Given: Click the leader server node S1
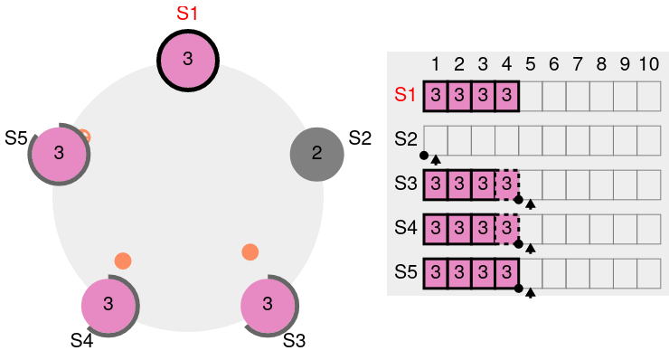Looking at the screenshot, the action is (188, 61).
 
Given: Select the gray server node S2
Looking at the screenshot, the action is (317, 154).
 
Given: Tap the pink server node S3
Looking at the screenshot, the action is (268, 306).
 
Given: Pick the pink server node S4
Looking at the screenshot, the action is (108, 306).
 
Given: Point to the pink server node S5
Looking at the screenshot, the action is (59, 154).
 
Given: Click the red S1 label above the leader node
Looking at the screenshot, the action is (187, 14).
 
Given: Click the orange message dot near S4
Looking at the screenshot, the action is (123, 261).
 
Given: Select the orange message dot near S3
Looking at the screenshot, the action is (250, 252).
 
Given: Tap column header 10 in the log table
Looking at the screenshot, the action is (649, 64).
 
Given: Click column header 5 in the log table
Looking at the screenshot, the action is (531, 64).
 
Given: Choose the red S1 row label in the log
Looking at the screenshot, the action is (405, 94).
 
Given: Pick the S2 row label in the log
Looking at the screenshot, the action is (406, 138).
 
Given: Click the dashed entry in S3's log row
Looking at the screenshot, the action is (507, 184).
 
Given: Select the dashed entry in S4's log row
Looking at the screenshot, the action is (507, 229).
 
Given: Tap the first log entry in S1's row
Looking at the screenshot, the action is (436, 96).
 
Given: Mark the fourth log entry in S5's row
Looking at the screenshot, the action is (507, 273).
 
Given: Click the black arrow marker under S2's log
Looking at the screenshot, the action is (436, 160).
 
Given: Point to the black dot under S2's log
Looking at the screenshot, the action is (424, 156).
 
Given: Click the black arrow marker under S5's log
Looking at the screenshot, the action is (531, 293).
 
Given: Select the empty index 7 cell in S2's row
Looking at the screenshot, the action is (578, 140).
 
